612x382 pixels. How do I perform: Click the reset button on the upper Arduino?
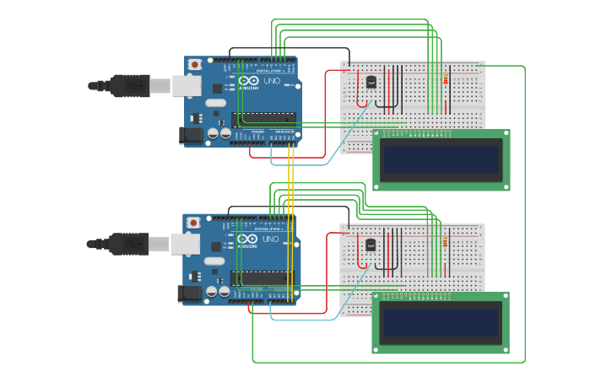[x=195, y=64]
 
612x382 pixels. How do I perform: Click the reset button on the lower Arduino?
[x=193, y=223]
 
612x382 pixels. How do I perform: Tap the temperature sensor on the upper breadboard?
[x=371, y=82]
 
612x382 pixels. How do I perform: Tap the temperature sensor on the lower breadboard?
[x=371, y=245]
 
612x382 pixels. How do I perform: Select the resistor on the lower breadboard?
[x=445, y=244]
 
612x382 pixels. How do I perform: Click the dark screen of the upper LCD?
[x=441, y=159]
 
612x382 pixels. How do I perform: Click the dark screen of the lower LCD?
[x=440, y=322]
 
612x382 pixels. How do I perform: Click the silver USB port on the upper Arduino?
[x=188, y=85]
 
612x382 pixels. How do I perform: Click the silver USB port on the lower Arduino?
[x=187, y=244]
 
